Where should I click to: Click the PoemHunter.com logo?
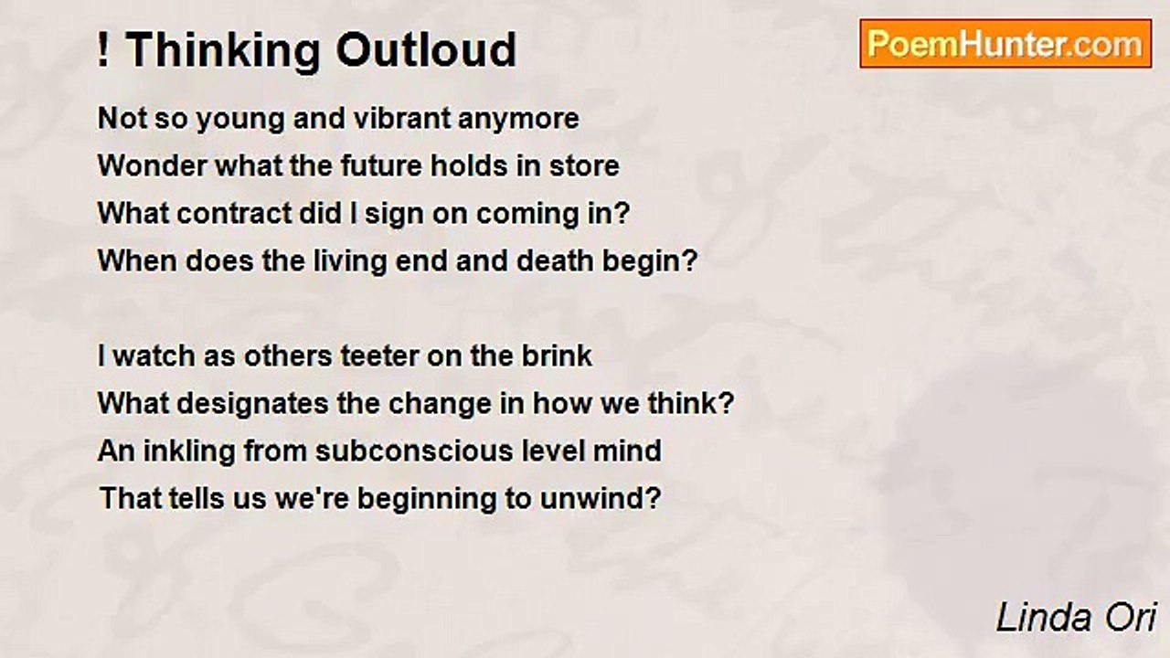1005,44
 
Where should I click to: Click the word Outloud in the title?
426,50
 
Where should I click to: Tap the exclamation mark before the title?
103,50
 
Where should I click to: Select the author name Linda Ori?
1076,618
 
